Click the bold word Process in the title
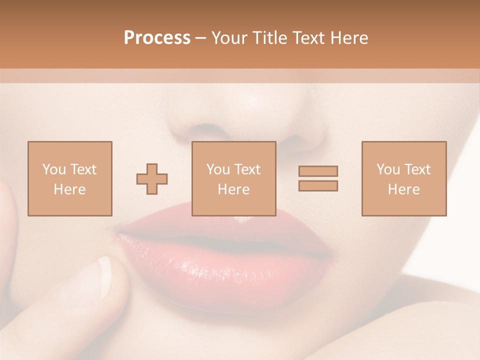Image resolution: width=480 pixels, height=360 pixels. pyautogui.click(x=157, y=38)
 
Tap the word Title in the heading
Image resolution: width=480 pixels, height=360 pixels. pyautogui.click(x=270, y=38)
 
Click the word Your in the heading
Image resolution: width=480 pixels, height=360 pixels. pyautogui.click(x=230, y=38)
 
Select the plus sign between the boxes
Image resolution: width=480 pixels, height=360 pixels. pyautogui.click(x=152, y=179)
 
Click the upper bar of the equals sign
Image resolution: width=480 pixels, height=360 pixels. pyautogui.click(x=318, y=171)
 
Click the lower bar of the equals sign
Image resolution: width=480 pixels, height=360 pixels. pyautogui.click(x=318, y=186)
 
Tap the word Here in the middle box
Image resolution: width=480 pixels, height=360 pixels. pyautogui.click(x=233, y=189)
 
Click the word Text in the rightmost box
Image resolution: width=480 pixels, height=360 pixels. pyautogui.click(x=417, y=169)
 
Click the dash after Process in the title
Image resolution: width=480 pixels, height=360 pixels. pyautogui.click(x=200, y=38)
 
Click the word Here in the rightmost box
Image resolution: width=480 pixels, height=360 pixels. pyautogui.click(x=404, y=189)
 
